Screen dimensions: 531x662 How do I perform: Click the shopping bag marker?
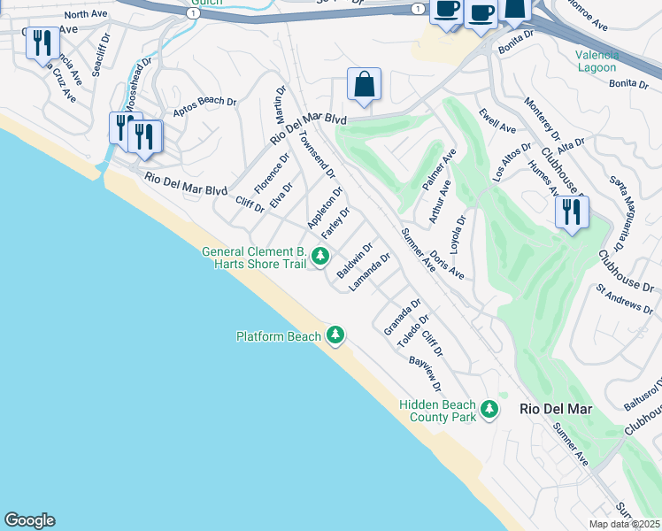tap(364, 85)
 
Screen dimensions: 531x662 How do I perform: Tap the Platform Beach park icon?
tap(335, 335)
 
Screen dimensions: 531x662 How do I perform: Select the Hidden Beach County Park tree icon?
tap(489, 410)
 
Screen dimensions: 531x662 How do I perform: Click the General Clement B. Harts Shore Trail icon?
tap(320, 257)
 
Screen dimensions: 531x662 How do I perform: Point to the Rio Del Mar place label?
tap(556, 410)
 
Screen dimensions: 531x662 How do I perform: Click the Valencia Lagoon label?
tap(597, 60)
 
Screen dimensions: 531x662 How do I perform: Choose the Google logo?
tap(29, 520)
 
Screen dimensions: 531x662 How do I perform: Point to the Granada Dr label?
tap(402, 317)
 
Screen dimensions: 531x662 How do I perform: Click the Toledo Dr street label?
tap(413, 331)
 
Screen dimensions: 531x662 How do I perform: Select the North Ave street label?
tap(86, 14)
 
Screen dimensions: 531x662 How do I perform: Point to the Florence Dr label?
tap(272, 175)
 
